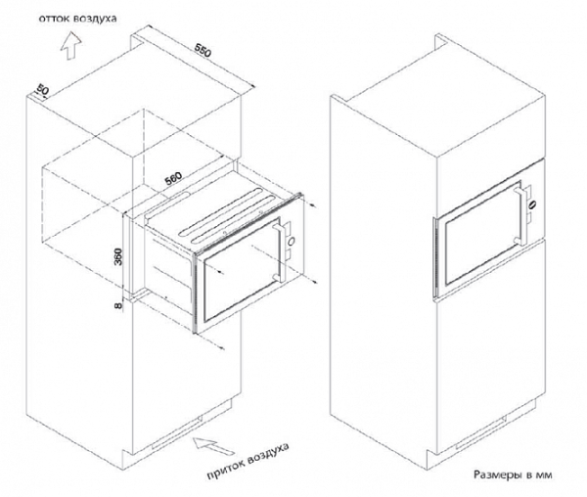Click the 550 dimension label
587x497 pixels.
pyautogui.click(x=203, y=50)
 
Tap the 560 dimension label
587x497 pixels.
pyautogui.click(x=174, y=178)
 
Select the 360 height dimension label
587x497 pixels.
pyautogui.click(x=118, y=256)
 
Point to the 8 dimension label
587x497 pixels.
pyautogui.click(x=118, y=306)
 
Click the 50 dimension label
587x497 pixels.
pyautogui.click(x=43, y=90)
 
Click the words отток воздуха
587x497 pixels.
pyautogui.click(x=78, y=19)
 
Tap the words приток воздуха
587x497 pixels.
pyautogui.click(x=248, y=461)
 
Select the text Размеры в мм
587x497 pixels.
pyautogui.click(x=513, y=475)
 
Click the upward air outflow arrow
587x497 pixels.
pyautogui.click(x=71, y=46)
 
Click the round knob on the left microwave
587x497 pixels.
pyautogui.click(x=292, y=242)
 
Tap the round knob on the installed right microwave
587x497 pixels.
pyautogui.click(x=532, y=204)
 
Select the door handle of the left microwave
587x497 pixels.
pyautogui.click(x=280, y=252)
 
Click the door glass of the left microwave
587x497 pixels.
pyautogui.click(x=241, y=270)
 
